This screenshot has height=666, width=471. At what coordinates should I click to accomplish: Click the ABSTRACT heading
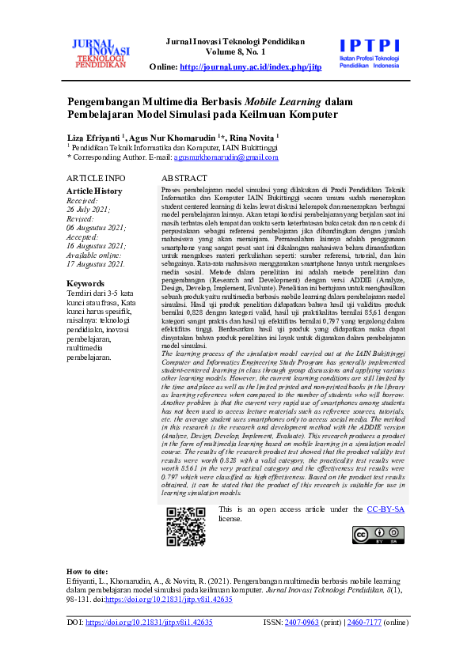184,178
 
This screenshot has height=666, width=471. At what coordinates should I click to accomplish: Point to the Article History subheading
93,191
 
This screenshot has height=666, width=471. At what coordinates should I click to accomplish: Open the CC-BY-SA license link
386,509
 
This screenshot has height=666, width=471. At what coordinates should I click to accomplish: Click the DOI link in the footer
148,623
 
